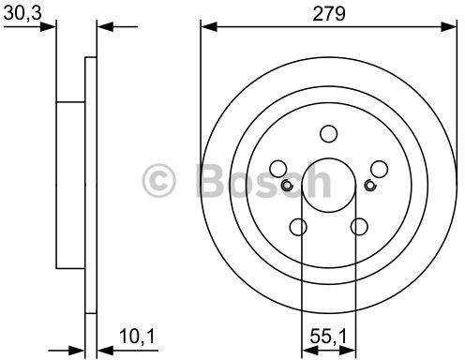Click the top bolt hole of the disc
[x=328, y=134]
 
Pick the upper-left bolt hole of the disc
[x=277, y=169]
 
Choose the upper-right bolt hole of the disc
[x=379, y=169]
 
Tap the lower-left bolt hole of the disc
[x=298, y=226]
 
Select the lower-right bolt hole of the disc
[x=358, y=226]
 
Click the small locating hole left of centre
[x=287, y=185]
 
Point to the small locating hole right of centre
[x=369, y=185]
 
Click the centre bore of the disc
[x=328, y=185]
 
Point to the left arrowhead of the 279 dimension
[x=206, y=26]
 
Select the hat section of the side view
[x=71, y=185]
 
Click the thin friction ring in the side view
[x=91, y=187]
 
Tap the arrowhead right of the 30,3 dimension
[x=103, y=26]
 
